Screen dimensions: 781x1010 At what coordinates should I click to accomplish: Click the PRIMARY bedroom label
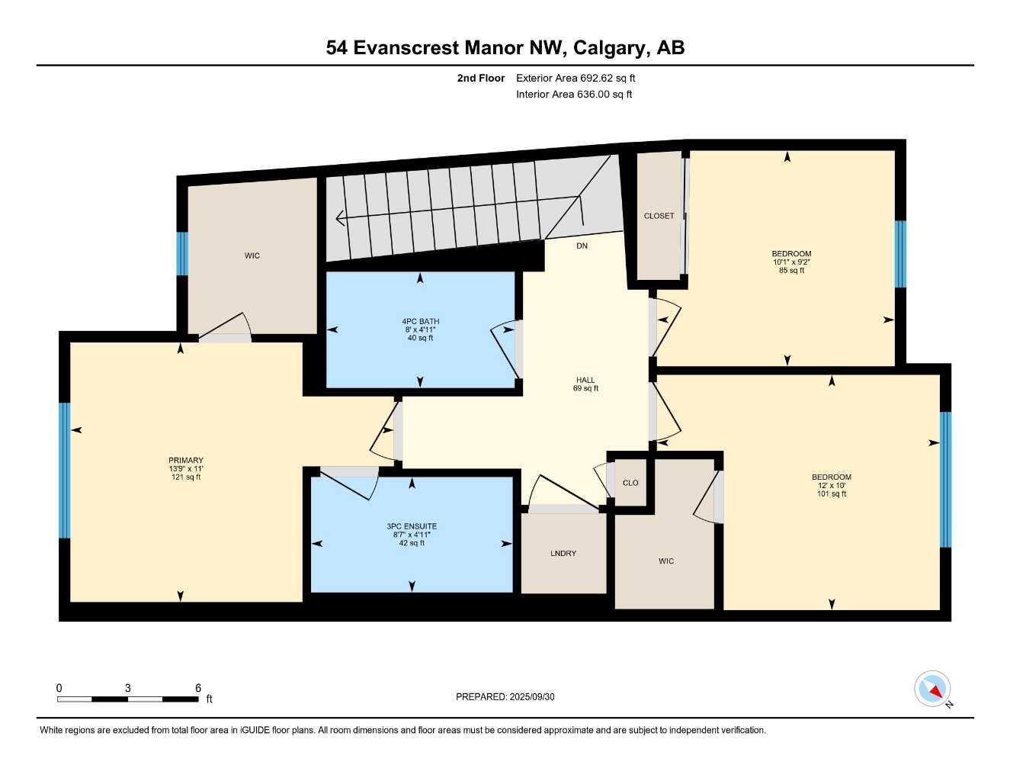pos(186,460)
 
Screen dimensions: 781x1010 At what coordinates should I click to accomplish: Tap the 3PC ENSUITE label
pos(412,526)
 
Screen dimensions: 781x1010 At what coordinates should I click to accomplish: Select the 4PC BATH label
pos(420,321)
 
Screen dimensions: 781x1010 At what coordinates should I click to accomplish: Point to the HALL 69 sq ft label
pos(585,384)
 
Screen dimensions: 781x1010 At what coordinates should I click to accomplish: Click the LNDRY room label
pos(563,553)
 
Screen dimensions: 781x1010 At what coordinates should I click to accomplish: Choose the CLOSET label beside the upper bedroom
pos(659,216)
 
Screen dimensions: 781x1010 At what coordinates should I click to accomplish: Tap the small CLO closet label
pos(630,483)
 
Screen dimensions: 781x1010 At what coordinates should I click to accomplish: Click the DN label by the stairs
pos(582,246)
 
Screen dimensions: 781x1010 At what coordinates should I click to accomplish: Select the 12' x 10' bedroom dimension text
pos(831,486)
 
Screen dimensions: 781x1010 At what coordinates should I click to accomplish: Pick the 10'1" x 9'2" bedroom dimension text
pos(791,262)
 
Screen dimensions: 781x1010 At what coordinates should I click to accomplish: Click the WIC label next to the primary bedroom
pos(252,256)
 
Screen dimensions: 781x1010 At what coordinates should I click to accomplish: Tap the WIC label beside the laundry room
pos(666,561)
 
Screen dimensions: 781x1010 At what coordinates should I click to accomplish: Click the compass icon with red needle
pos(932,689)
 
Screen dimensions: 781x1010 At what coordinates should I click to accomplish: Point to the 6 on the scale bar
pos(198,688)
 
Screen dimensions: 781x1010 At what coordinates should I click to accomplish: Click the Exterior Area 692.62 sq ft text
pos(576,78)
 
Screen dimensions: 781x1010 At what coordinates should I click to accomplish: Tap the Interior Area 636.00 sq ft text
pos(574,95)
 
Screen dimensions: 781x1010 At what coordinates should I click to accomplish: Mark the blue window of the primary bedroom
pos(65,471)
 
